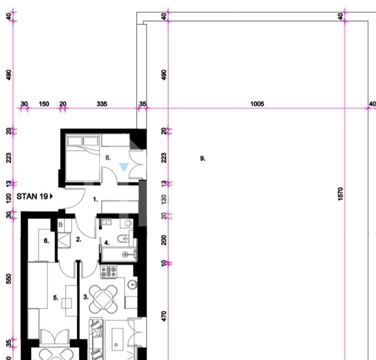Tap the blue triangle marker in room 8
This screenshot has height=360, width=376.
(x=123, y=166)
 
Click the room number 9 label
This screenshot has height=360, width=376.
(x=202, y=158)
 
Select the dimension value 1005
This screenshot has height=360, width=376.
(x=257, y=104)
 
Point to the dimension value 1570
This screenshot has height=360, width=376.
(x=340, y=194)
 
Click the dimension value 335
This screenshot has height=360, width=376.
(x=102, y=104)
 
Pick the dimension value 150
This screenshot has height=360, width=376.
(x=44, y=104)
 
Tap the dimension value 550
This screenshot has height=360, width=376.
(x=8, y=278)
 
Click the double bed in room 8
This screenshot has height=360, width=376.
(x=82, y=158)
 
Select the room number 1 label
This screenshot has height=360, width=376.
(x=95, y=199)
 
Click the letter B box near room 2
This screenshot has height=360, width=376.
(x=60, y=224)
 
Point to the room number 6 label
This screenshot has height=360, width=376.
(x=46, y=240)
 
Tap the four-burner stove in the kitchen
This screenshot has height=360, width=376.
(x=108, y=272)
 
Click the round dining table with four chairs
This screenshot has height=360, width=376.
(x=103, y=299)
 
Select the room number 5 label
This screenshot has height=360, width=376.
(x=55, y=298)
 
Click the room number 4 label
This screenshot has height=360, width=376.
(x=107, y=242)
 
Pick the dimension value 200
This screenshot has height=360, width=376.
(x=164, y=240)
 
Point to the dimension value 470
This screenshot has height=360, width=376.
(x=164, y=316)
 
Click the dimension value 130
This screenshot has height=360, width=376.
(x=164, y=199)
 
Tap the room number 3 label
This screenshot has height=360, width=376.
(x=86, y=297)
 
